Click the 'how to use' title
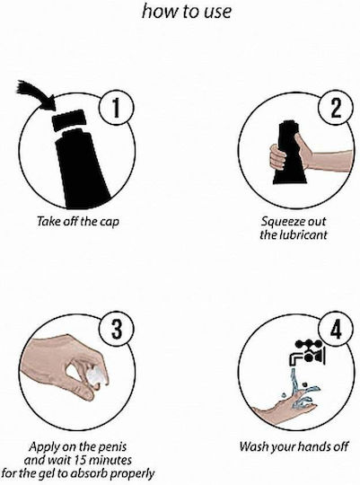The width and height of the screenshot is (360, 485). (x=187, y=12)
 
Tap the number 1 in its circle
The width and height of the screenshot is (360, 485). (x=116, y=109)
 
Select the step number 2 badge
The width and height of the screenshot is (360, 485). (x=336, y=108)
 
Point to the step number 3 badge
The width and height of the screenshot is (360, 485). (x=117, y=330)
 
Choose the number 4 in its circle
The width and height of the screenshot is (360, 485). (x=336, y=330)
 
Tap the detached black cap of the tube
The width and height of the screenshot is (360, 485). (x=68, y=120)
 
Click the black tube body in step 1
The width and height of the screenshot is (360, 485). (x=81, y=170)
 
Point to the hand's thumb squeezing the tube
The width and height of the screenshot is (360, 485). (x=301, y=145)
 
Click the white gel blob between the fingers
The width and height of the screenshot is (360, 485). (x=96, y=375)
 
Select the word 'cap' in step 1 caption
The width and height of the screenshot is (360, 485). (x=110, y=222)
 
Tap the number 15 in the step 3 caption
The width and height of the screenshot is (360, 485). (x=81, y=460)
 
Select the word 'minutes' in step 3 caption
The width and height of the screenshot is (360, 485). (x=110, y=460)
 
